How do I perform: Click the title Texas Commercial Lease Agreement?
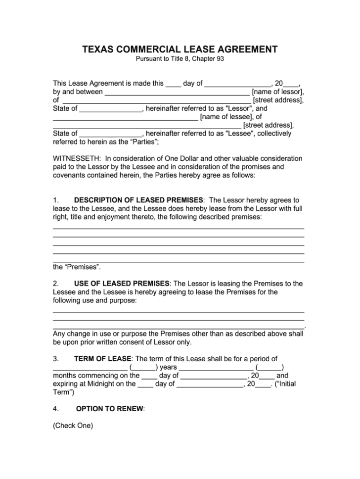[180, 49]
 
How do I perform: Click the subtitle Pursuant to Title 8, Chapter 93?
[180, 59]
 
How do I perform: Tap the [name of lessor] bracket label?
[277, 92]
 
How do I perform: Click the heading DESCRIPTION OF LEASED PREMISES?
[138, 200]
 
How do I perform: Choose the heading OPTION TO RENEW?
[110, 409]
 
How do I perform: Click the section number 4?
[56, 409]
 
